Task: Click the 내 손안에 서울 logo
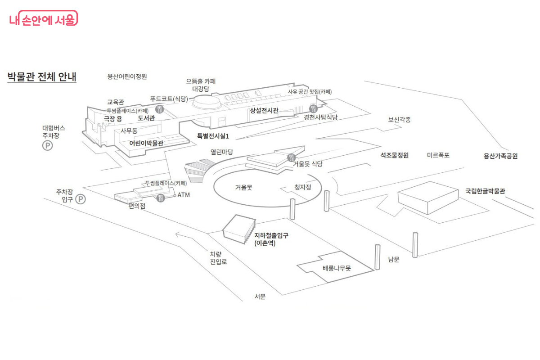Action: point(43,19)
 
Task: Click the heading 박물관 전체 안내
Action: point(42,76)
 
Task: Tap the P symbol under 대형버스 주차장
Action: point(47,145)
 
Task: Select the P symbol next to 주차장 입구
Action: point(81,199)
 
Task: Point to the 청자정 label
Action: point(302,187)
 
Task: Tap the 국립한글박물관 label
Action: point(485,191)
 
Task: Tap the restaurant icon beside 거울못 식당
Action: point(291,157)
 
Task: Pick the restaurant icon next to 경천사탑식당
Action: point(314,108)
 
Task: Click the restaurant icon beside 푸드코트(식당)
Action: point(159,109)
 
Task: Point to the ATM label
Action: point(184,195)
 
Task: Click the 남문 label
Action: point(393,260)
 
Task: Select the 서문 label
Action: point(260,297)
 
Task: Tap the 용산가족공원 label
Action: point(500,156)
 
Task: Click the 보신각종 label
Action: point(399,120)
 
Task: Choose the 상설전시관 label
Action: point(264,110)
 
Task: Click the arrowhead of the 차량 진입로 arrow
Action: point(177,234)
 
